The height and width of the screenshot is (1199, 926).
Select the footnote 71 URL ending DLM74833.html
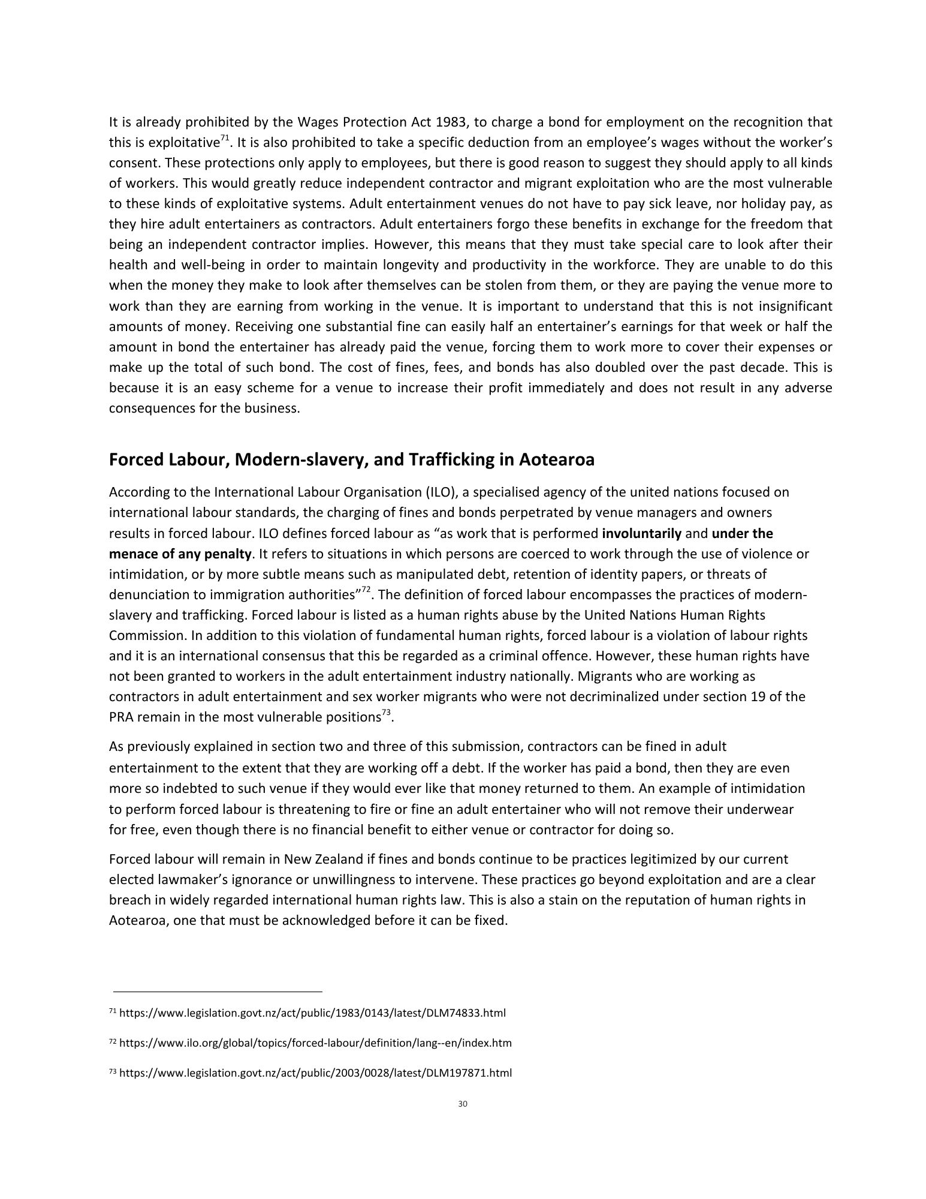312,1013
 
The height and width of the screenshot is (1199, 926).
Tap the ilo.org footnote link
315,1043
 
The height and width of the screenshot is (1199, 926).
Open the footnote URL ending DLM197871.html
315,1073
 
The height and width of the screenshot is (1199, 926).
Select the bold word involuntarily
641,533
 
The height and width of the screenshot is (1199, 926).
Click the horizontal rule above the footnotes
216,991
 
